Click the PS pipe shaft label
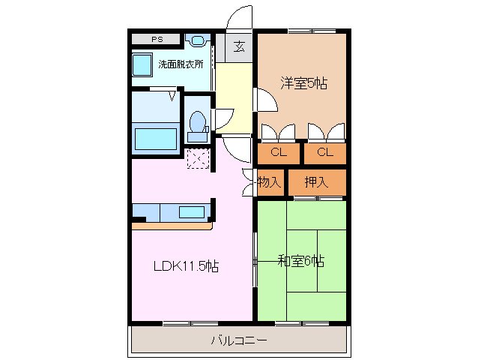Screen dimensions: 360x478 [156, 39]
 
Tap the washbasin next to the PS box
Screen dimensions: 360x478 [198, 40]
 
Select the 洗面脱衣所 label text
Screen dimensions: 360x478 [181, 64]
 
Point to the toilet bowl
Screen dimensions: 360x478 [198, 122]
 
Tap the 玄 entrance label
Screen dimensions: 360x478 [239, 47]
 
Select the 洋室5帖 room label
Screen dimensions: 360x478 [303, 83]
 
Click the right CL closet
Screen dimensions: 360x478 [324, 153]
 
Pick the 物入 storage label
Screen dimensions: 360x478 [269, 181]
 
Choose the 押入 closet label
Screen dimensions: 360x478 [316, 181]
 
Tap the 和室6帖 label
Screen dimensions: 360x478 [301, 261]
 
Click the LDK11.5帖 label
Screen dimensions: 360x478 [186, 266]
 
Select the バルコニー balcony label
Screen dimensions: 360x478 [238, 340]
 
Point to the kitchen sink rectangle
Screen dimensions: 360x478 [192, 212]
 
